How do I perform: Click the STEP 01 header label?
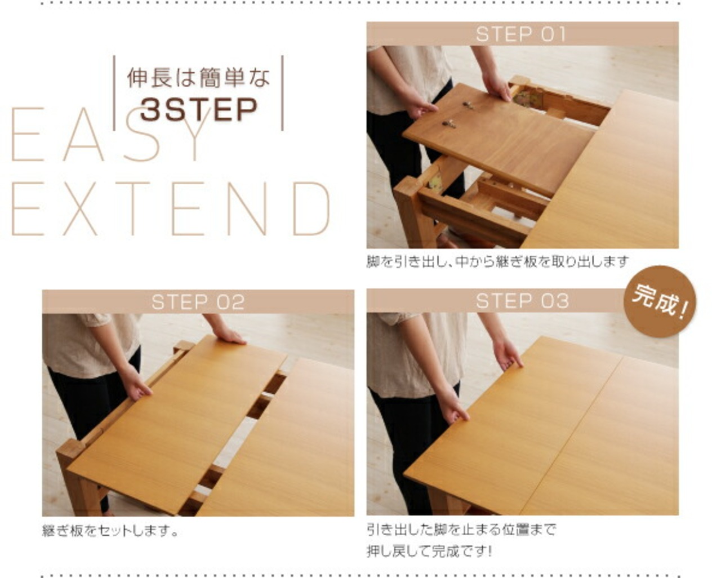pos(521,34)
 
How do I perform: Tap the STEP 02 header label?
pos(198,302)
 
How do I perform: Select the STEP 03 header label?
pos(522,301)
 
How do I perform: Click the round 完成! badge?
pos(660,301)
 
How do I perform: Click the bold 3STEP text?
pos(199,109)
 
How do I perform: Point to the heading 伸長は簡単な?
pos(198,78)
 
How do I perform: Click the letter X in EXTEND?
pos(80,209)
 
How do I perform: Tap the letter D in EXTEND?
pos(311,209)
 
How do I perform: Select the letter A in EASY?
pos(83,134)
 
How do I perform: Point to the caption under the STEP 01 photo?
pos(497,261)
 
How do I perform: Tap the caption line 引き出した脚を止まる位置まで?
pos(461,530)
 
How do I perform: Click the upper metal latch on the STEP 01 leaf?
pos(469,105)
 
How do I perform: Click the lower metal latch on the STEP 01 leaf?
pos(449,124)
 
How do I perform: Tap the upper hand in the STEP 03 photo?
pos(507,353)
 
